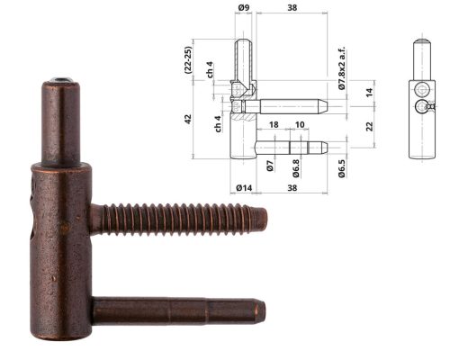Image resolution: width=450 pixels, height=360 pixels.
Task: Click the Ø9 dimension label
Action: pos(243,8)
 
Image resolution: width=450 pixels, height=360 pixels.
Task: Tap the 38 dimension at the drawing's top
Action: pos(292,8)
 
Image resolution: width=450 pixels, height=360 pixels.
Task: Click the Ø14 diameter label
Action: pos(242,187)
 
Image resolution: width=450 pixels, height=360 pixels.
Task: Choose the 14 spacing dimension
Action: pos(369,93)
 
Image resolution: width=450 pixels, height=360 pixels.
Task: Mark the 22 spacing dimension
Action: pos(369,126)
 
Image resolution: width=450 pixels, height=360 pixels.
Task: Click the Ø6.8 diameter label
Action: pos(296,168)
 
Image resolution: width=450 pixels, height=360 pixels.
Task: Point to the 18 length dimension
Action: pos(273,125)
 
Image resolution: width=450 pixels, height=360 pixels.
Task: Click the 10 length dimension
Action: pos(299,125)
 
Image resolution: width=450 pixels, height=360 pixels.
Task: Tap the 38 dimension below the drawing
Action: pos(292,187)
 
